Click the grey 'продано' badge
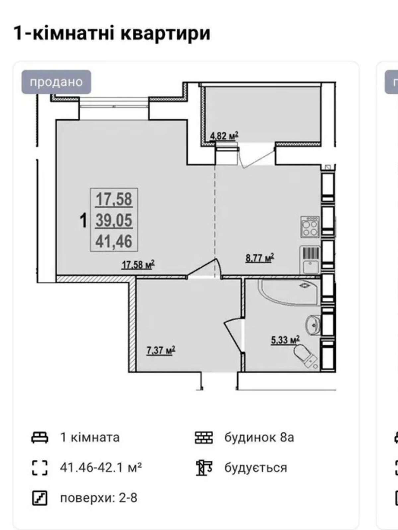click(x=56, y=82)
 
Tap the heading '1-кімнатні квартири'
click(x=112, y=33)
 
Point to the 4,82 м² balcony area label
click(x=224, y=136)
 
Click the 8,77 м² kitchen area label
click(x=260, y=258)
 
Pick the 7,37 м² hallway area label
click(x=161, y=350)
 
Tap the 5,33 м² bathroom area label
click(x=285, y=340)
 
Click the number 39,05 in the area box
click(x=114, y=220)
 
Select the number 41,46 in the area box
click(x=114, y=241)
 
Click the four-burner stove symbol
click(x=310, y=227)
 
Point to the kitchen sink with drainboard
click(x=310, y=260)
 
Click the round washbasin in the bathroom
click(x=313, y=325)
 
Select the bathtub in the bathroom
click(x=290, y=292)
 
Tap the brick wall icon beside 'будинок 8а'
click(x=204, y=438)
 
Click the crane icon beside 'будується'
click(x=204, y=468)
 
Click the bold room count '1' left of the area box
click(x=83, y=220)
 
